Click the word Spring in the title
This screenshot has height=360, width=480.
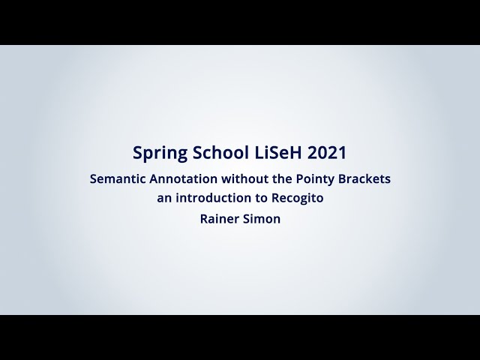click(158, 152)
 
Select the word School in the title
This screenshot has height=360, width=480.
click(217, 152)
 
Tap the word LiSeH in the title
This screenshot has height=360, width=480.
click(275, 152)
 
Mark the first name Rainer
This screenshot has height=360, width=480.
click(219, 219)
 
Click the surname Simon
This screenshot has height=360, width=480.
click(262, 219)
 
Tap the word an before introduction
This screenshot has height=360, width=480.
click(164, 199)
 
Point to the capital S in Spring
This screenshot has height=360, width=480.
click(137, 152)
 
